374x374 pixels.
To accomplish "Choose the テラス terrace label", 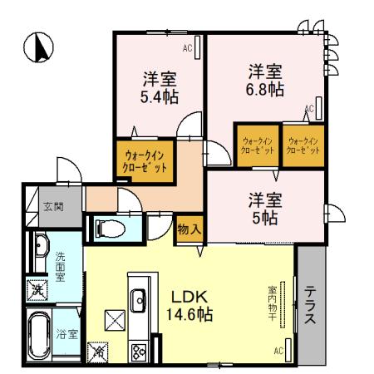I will (310, 308).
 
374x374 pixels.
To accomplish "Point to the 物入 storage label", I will (188, 229).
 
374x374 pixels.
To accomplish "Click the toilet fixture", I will (107, 226).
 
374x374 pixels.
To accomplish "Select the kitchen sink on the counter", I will (138, 298).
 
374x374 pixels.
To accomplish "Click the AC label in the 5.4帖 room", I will (187, 49).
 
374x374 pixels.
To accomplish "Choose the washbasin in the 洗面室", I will (39, 247).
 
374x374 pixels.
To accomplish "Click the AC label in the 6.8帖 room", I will (309, 109).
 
